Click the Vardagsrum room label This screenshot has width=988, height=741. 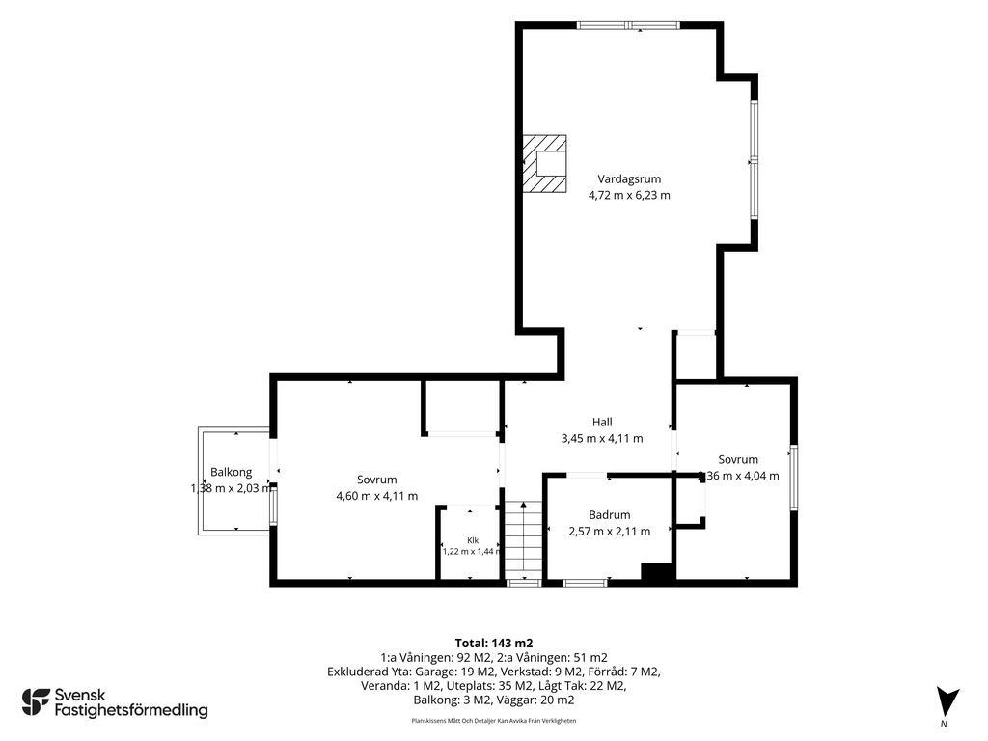pyautogui.click(x=629, y=178)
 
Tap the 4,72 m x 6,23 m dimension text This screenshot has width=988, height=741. pyautogui.click(x=629, y=195)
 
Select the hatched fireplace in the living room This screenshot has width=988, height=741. pyautogui.click(x=544, y=164)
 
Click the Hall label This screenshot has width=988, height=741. pyautogui.click(x=602, y=423)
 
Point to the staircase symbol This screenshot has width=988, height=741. pyautogui.click(x=523, y=538)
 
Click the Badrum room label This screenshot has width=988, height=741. pyautogui.click(x=610, y=515)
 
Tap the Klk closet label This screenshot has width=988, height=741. pyautogui.click(x=473, y=540)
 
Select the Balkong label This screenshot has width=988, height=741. pyautogui.click(x=232, y=472)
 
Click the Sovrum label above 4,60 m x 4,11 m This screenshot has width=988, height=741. pyautogui.click(x=377, y=480)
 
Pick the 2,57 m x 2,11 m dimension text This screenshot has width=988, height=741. pyautogui.click(x=610, y=532)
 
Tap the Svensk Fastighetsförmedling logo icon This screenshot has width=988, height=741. pyautogui.click(x=36, y=702)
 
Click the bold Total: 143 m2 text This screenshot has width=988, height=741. pyautogui.click(x=493, y=644)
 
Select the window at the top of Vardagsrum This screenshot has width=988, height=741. pyautogui.click(x=628, y=26)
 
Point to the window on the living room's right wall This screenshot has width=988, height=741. pyautogui.click(x=753, y=161)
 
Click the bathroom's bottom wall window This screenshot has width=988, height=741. pyautogui.click(x=585, y=583)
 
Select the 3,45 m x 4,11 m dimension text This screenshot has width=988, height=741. pyautogui.click(x=602, y=439)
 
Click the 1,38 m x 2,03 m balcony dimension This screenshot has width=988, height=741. pyautogui.click(x=232, y=488)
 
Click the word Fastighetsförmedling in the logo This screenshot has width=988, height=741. pyautogui.click(x=131, y=710)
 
